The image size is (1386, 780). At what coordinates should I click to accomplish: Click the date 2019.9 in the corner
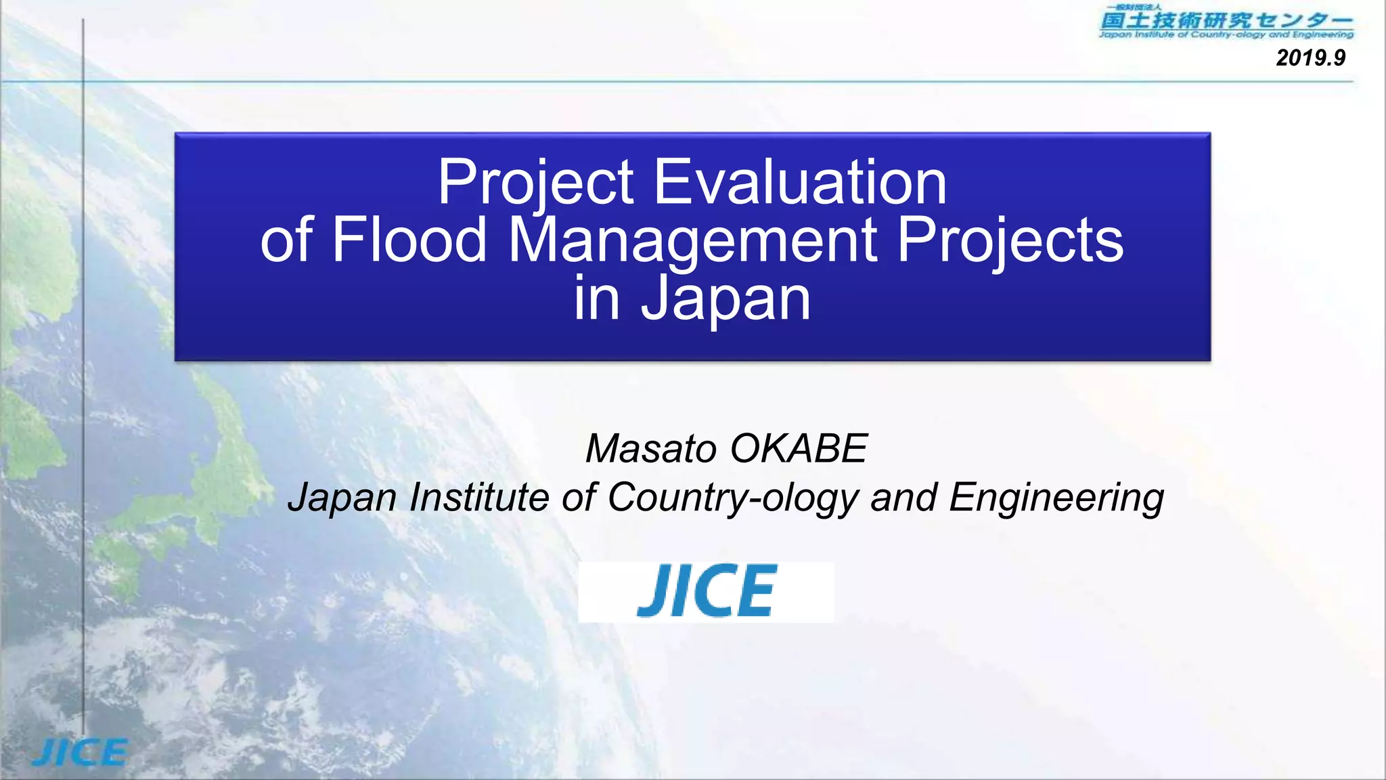[1310, 58]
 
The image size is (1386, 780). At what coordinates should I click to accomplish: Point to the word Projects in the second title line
[1010, 241]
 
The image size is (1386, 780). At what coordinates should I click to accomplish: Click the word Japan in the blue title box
[725, 299]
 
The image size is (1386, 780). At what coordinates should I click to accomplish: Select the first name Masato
[650, 448]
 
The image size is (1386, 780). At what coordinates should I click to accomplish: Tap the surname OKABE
[799, 448]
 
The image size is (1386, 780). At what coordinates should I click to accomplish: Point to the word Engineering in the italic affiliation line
[1056, 498]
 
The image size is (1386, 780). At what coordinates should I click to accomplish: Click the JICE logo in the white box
[706, 591]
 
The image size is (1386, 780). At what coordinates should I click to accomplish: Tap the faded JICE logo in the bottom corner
[80, 752]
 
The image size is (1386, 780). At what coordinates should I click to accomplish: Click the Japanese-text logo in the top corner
[1226, 22]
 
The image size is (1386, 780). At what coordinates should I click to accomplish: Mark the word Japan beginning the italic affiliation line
[342, 498]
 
